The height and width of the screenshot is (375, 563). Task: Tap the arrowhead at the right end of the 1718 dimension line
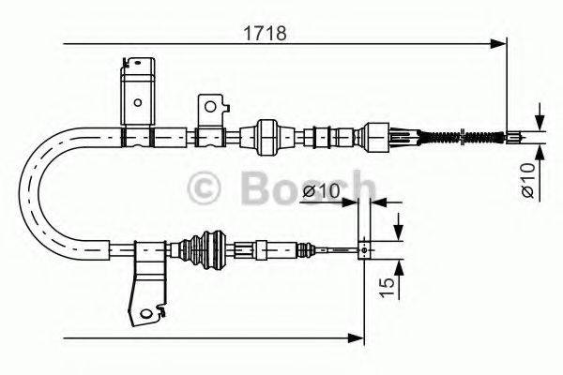(499, 43)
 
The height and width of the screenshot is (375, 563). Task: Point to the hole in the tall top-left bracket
(136, 103)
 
